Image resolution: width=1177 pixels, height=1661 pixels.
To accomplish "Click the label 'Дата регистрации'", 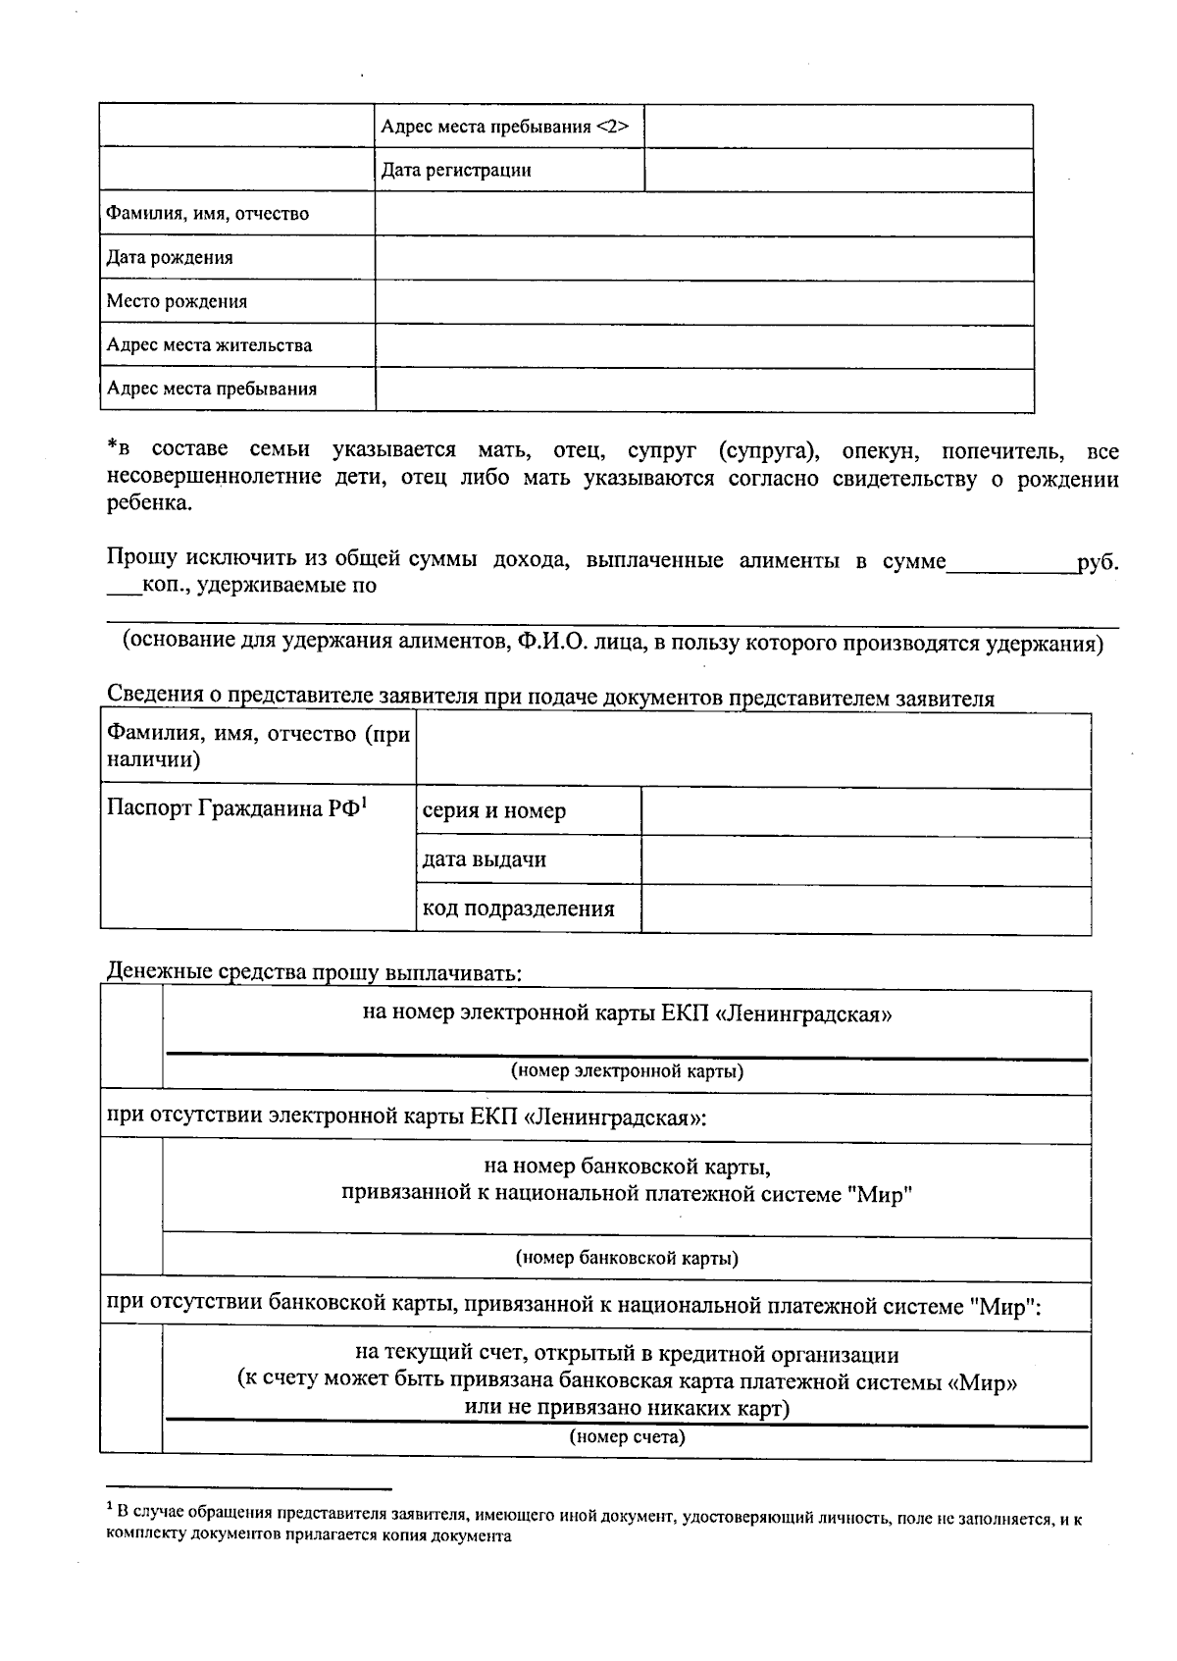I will pyautogui.click(x=456, y=171).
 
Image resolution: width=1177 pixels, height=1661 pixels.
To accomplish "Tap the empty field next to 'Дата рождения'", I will pyautogui.click(x=703, y=258).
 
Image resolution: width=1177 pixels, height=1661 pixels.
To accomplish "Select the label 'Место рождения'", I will pyautogui.click(x=177, y=302).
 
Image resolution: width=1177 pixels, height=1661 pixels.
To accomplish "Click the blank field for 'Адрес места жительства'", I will pyautogui.click(x=703, y=346).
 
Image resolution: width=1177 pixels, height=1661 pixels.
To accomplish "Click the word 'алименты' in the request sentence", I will pyautogui.click(x=789, y=561).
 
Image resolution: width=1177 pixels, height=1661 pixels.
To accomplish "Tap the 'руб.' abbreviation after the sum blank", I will pyautogui.click(x=1098, y=563).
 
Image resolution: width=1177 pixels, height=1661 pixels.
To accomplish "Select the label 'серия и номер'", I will pyautogui.click(x=493, y=811).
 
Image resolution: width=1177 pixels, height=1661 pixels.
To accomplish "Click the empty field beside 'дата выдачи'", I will pyautogui.click(x=865, y=860).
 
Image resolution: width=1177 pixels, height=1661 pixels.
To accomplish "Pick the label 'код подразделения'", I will pyautogui.click(x=518, y=908).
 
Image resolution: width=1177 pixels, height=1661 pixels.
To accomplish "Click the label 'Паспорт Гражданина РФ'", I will pyautogui.click(x=235, y=809).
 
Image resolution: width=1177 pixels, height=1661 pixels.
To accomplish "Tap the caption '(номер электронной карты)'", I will pyautogui.click(x=627, y=1071).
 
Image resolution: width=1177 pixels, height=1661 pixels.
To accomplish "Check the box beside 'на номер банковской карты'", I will pyautogui.click(x=131, y=1209).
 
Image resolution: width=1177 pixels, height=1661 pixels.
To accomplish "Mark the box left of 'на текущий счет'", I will pyautogui.click(x=131, y=1388).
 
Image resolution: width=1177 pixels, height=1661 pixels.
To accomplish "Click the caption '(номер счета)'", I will pyautogui.click(x=627, y=1438).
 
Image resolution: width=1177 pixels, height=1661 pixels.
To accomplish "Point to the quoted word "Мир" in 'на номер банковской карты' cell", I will pyautogui.click(x=880, y=1195).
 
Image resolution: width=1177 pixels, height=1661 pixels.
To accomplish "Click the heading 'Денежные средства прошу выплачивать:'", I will pyautogui.click(x=314, y=973).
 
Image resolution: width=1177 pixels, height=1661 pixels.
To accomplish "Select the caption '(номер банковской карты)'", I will pyautogui.click(x=627, y=1258).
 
